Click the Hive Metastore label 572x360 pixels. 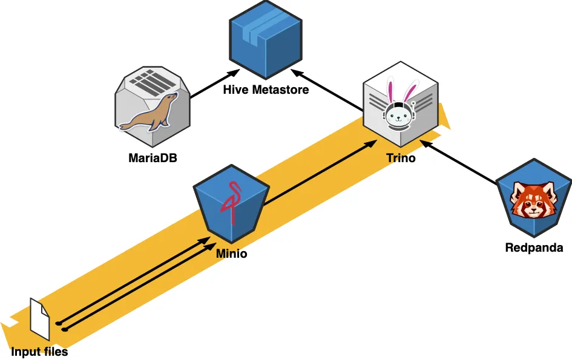(x=266, y=90)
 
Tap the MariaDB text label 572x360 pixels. (x=153, y=159)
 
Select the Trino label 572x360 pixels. (x=401, y=159)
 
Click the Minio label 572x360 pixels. (x=231, y=254)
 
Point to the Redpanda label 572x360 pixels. (x=534, y=247)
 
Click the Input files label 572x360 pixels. (x=39, y=352)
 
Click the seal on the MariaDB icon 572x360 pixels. (x=150, y=114)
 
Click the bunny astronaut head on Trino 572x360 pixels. (x=399, y=115)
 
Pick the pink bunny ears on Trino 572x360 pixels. (x=399, y=91)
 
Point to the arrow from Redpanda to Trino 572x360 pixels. (x=460, y=163)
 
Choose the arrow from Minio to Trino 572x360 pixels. (x=318, y=175)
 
